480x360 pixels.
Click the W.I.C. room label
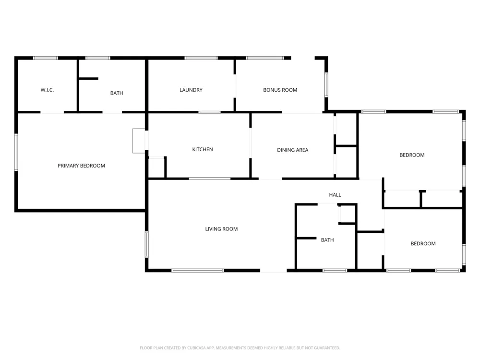pos(47,90)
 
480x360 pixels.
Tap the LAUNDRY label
pos(191,90)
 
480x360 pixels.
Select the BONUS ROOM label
pos(280,90)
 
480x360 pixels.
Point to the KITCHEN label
pos(203,149)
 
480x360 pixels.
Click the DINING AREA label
pos(293,150)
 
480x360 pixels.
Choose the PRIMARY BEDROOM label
pos(81,166)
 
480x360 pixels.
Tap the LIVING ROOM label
pos(221,229)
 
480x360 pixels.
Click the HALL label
pos(335,195)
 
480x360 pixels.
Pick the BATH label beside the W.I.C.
pos(117,93)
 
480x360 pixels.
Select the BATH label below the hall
pos(327,240)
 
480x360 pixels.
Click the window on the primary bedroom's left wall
pos(16,152)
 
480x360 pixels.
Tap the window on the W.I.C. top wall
pos(45,58)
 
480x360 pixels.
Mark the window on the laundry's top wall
pos(201,58)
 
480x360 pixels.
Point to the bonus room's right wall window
pos(326,84)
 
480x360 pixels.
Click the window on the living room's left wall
pos(146,244)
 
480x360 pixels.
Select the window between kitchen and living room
pos(210,179)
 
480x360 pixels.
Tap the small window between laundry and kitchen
pos(209,112)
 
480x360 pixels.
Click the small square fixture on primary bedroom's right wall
pos(139,141)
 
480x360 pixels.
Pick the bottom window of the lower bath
pos(335,271)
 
